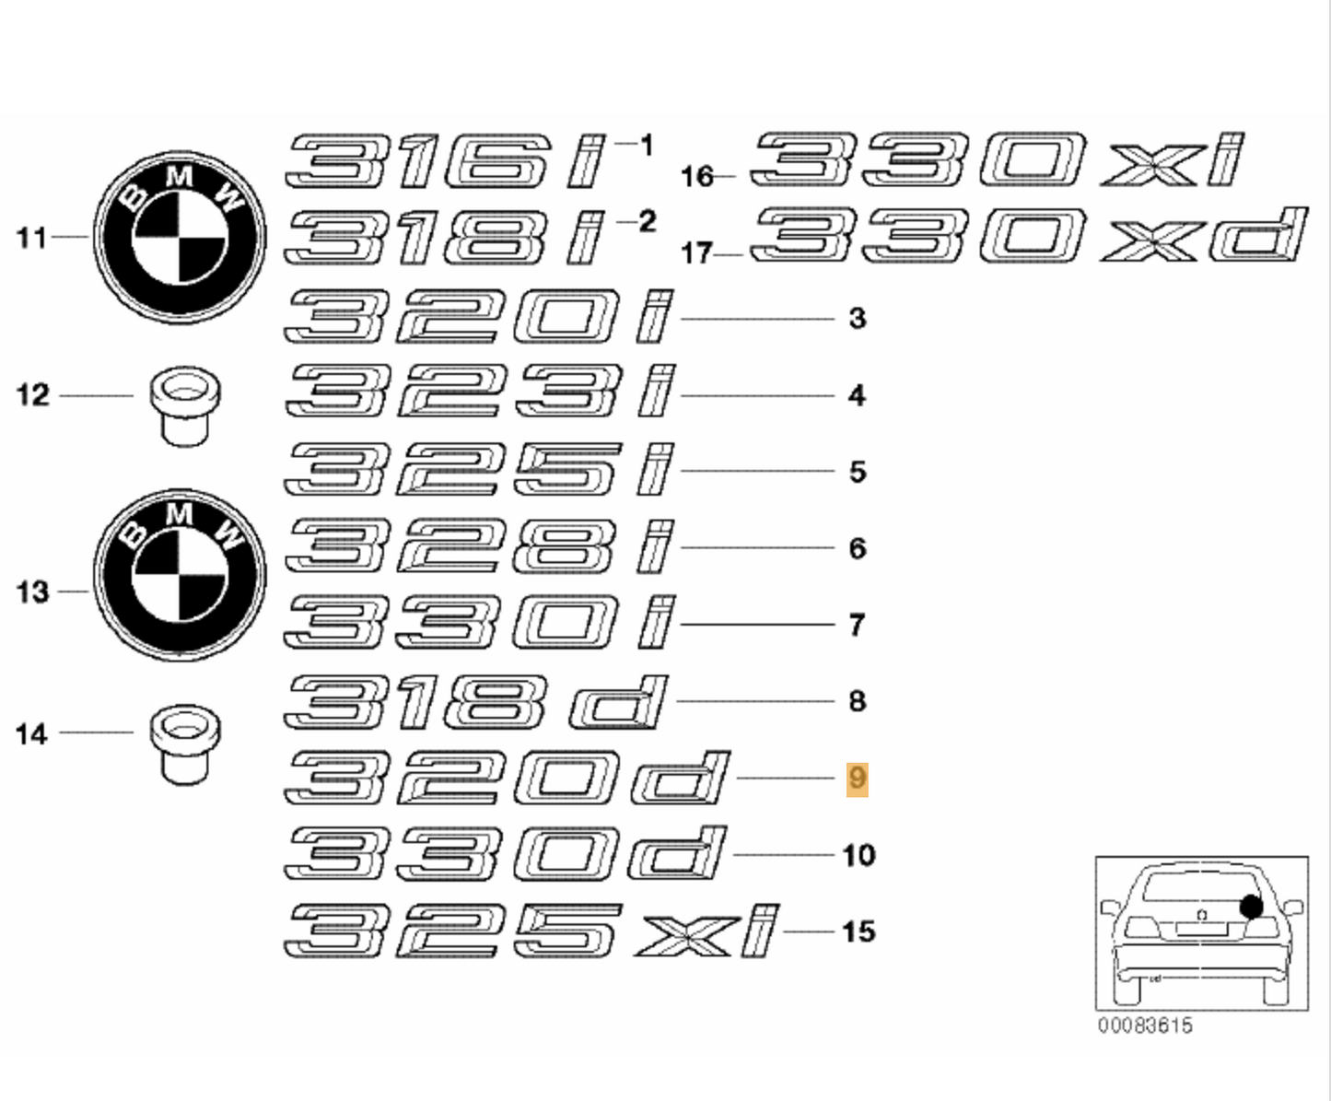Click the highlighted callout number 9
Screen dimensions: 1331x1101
[857, 779]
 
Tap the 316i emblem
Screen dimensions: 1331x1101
[444, 160]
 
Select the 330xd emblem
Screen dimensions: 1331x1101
[1028, 235]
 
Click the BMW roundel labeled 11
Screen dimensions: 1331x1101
[180, 237]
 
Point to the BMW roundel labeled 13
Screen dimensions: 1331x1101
[180, 575]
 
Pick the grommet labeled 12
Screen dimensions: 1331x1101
[185, 405]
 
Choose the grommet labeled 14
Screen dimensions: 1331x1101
[185, 744]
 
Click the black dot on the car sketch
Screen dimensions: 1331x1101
[1251, 906]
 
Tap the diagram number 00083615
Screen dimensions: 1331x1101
[1145, 1025]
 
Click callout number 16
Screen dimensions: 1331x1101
[697, 177]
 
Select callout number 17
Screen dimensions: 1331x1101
[696, 253]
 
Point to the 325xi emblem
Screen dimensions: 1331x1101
[531, 931]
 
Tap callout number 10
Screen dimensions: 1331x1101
[858, 855]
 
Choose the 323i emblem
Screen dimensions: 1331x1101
[479, 390]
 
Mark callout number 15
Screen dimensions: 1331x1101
[858, 931]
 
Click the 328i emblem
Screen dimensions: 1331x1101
[479, 546]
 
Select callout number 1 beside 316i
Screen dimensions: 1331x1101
[647, 146]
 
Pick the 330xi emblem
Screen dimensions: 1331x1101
[997, 159]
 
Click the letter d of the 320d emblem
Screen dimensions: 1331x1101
[680, 778]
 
